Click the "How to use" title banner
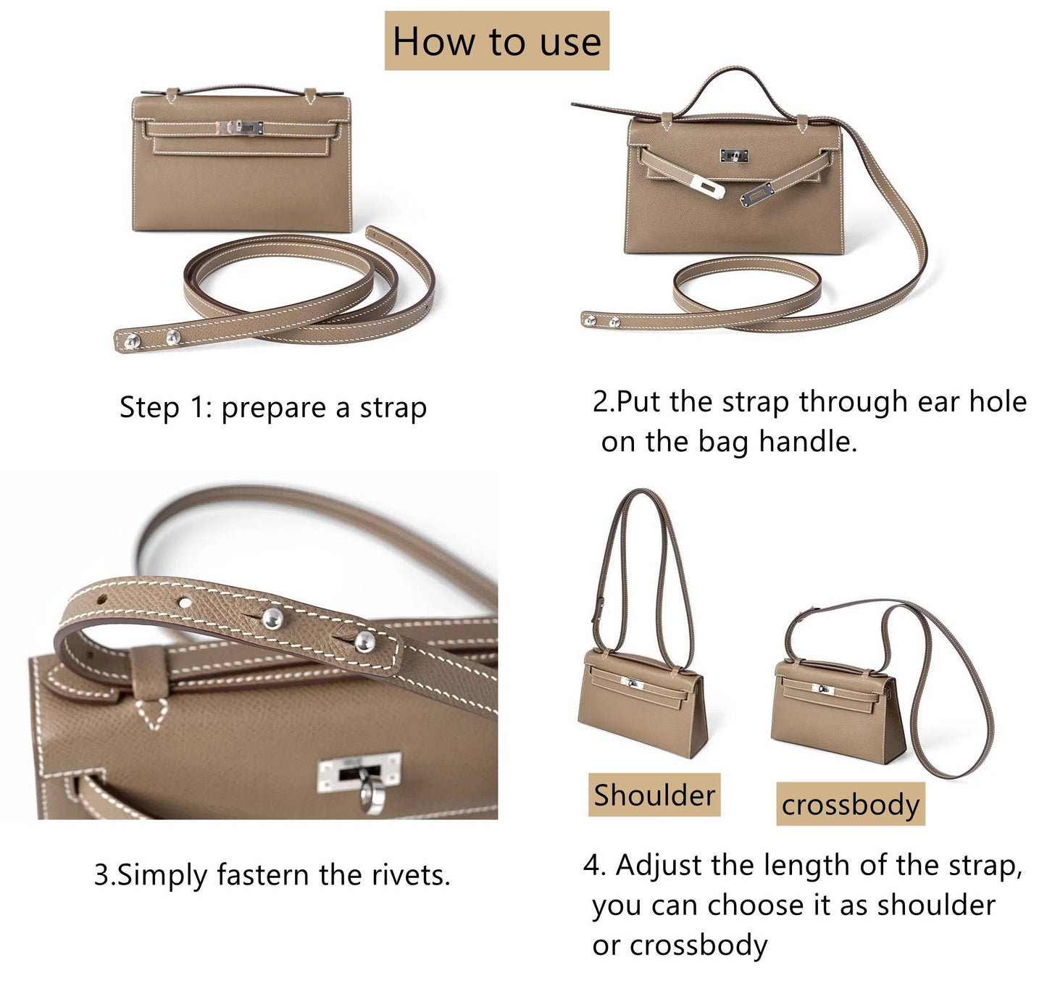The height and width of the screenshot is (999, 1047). (496, 41)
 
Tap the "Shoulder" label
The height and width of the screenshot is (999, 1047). (654, 795)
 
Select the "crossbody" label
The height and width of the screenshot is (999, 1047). (851, 804)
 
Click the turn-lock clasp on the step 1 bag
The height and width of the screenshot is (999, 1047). (240, 128)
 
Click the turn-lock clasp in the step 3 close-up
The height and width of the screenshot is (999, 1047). (359, 775)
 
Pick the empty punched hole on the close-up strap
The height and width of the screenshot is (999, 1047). (185, 603)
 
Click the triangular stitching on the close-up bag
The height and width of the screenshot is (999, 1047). (152, 714)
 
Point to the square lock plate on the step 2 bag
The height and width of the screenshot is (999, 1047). (735, 156)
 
